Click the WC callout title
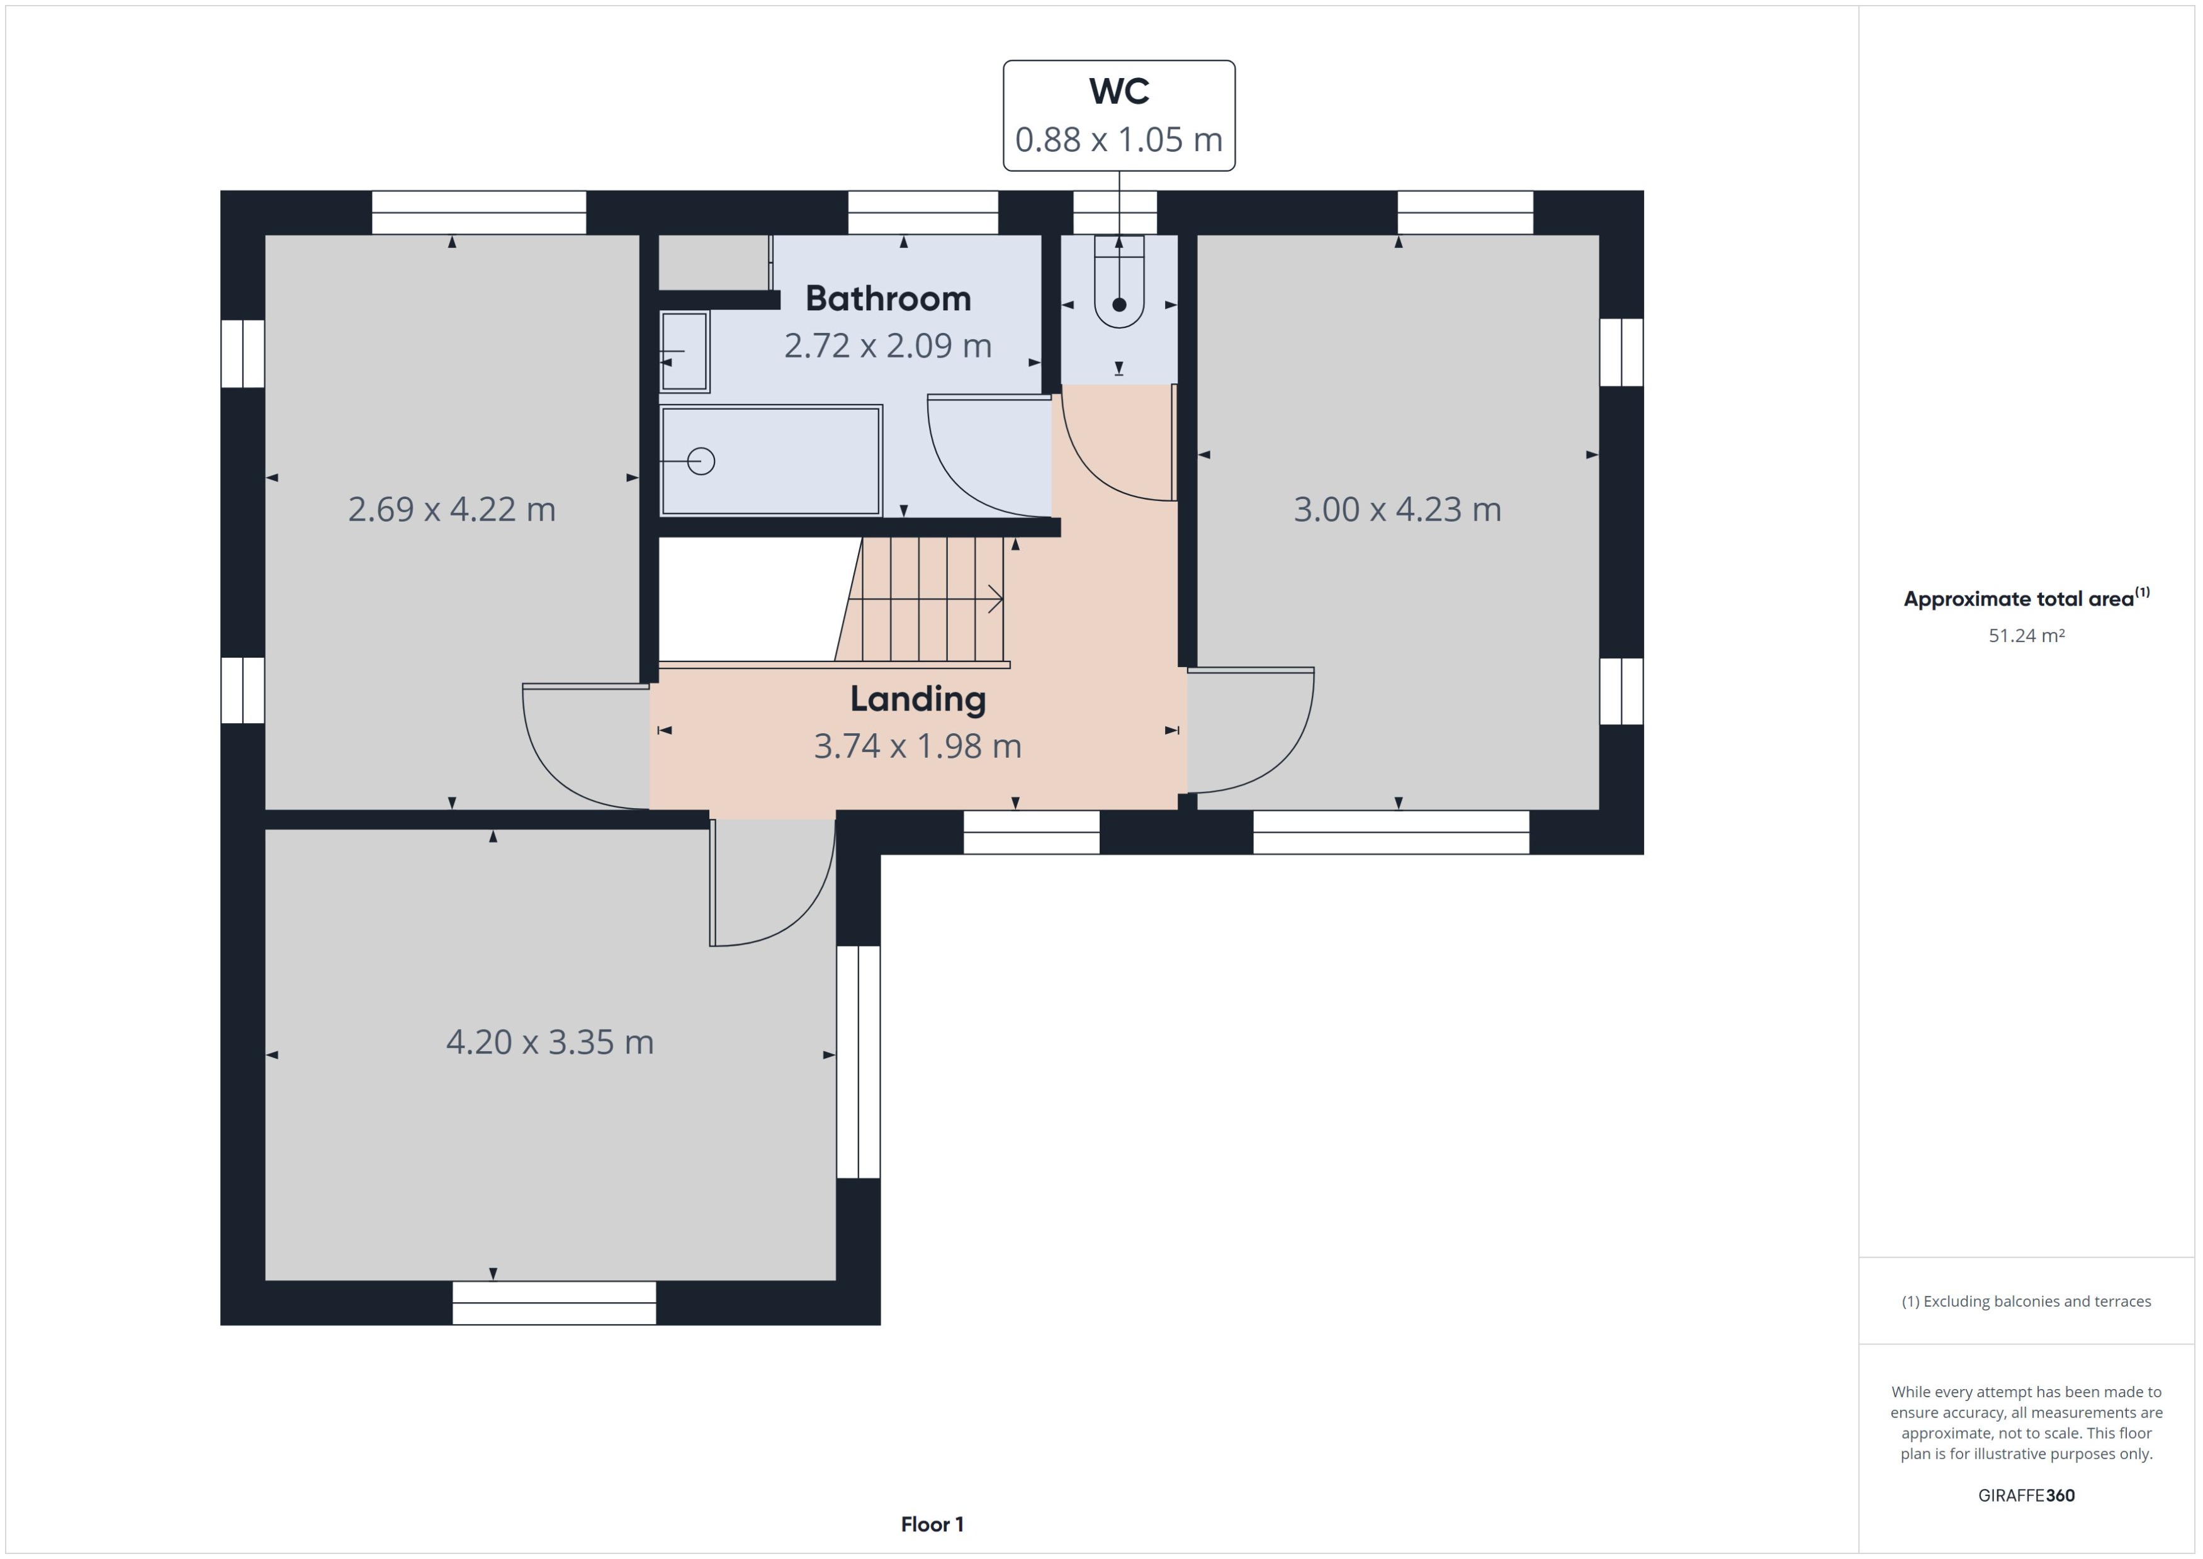1118,91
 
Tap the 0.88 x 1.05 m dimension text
1118,140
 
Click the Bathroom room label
888,298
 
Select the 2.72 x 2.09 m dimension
888,346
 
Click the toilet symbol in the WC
1119,288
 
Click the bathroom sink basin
684,351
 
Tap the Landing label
918,699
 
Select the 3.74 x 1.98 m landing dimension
918,746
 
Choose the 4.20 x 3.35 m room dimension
550,1042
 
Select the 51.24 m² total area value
2026,636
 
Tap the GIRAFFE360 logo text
2026,1495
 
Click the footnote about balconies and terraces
2026,1302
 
